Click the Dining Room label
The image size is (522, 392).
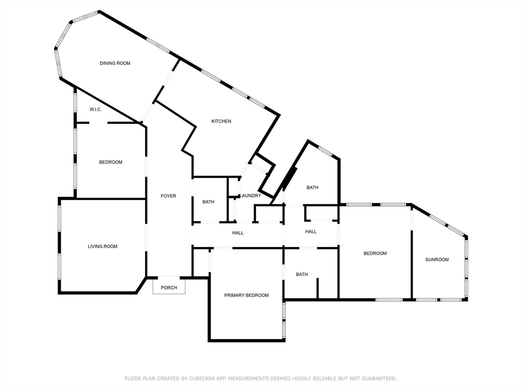click(115, 63)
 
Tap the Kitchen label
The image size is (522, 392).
click(221, 121)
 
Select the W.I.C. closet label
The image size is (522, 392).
click(95, 109)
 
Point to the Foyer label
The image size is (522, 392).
click(168, 196)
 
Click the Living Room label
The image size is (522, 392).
click(102, 247)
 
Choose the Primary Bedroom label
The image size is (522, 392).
click(246, 295)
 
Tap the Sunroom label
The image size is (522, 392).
click(437, 259)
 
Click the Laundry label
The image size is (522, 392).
click(250, 195)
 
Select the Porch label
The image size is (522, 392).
click(169, 288)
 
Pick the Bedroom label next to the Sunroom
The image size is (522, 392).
click(375, 253)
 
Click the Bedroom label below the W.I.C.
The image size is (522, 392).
click(111, 162)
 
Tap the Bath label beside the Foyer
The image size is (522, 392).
click(208, 202)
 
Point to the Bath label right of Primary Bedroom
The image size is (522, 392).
click(302, 274)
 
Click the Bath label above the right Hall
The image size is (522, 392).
click(312, 187)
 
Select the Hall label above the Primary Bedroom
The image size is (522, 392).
click(238, 233)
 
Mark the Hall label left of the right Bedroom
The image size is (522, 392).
click(311, 231)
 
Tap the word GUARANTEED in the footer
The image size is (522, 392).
click(379, 378)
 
